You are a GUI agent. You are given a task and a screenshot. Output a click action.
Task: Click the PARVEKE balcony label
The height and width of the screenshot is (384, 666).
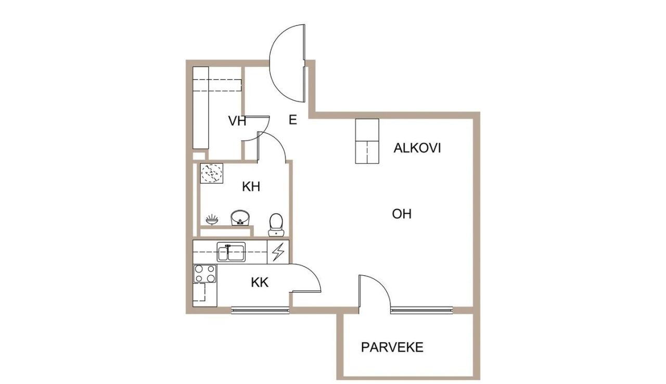click(392, 348)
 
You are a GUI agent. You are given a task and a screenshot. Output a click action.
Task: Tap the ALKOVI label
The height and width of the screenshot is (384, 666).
click(417, 148)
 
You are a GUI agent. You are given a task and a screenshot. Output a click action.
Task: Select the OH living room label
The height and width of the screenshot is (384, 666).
click(402, 214)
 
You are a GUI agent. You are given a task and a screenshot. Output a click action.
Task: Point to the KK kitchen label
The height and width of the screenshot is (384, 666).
click(260, 283)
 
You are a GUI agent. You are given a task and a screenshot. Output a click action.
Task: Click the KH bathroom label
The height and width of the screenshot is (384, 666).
click(251, 187)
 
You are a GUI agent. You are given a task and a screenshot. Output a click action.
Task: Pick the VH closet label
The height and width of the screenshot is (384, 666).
click(237, 121)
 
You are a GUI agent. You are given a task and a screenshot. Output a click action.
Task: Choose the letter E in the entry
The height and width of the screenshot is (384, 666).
click(293, 120)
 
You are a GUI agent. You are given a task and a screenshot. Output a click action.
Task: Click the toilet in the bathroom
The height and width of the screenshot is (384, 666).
click(276, 223)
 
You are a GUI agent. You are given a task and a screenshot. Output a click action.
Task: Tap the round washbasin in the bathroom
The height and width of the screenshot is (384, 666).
click(240, 217)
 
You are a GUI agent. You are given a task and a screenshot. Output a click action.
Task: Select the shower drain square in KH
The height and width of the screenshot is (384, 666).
click(212, 173)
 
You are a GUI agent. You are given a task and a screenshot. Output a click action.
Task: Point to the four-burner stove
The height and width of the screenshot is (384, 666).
click(205, 274)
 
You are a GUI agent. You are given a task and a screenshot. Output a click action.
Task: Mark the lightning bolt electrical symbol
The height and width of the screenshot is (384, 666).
click(278, 252)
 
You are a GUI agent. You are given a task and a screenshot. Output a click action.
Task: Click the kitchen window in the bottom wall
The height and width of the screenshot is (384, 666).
click(260, 311)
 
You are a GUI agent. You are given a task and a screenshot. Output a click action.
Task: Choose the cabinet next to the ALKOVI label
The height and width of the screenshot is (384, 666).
click(367, 141)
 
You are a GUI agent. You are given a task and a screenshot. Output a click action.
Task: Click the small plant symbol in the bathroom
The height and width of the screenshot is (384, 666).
click(212, 219)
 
